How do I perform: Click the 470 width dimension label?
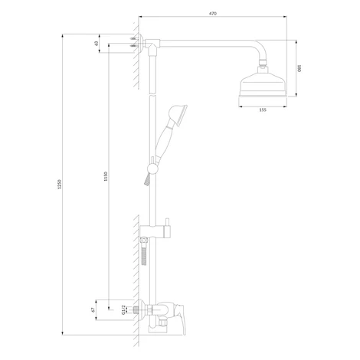pos(213,14)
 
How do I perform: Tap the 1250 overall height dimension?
pos(60,185)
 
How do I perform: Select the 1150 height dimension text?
pos(106,176)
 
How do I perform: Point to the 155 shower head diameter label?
pos(263,110)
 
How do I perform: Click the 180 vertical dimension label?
pos(299,68)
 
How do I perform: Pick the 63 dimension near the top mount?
pos(97,44)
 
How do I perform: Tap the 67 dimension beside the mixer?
pos(93,310)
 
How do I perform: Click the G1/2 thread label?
pos(123,309)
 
